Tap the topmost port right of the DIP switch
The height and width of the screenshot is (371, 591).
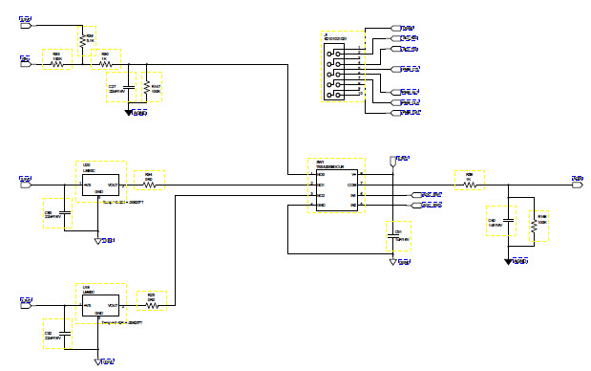pos(395,30)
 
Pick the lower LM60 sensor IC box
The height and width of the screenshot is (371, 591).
pos(99,302)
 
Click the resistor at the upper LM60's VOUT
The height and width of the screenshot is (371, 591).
pos(149,181)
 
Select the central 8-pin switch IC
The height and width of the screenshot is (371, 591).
pos(335,187)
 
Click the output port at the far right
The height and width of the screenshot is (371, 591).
pos(578,179)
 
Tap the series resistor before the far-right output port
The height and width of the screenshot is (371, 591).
pos(469,179)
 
